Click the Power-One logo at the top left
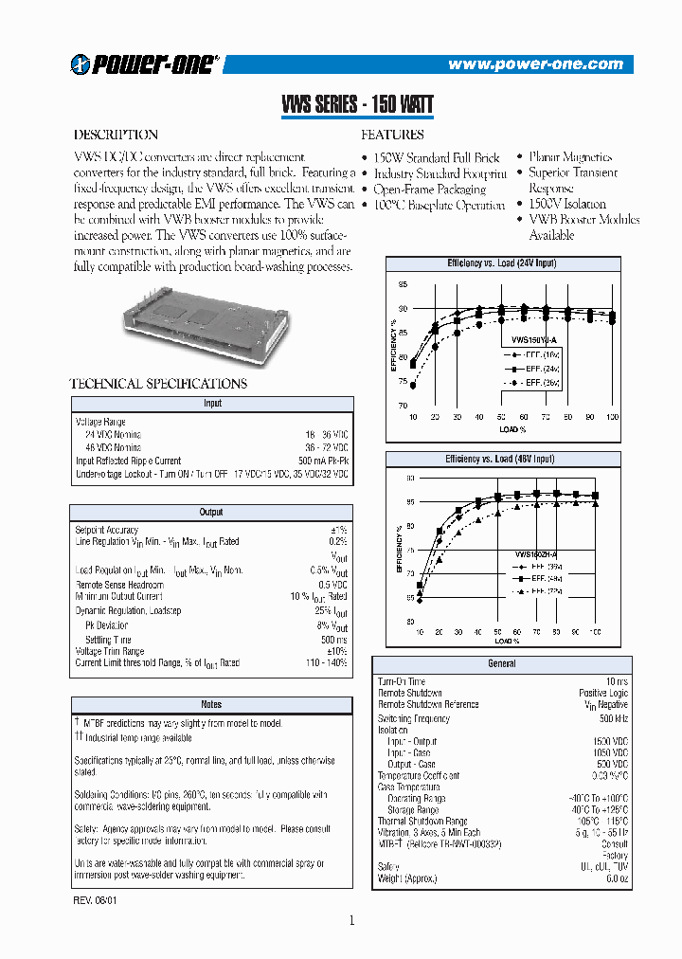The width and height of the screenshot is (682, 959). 145,63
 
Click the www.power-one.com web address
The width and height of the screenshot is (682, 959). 535,64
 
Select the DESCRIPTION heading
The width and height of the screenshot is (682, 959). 116,135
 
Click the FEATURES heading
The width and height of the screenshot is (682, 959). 392,135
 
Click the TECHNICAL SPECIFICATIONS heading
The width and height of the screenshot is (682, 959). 158,384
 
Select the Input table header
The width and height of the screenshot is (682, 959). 212,404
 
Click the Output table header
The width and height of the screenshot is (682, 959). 211,513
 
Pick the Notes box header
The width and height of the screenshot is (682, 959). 211,704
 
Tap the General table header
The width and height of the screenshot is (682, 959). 501,664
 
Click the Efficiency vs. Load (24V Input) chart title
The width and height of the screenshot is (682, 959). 501,262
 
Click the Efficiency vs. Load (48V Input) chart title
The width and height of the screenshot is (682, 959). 501,460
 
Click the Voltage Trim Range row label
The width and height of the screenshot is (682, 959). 110,652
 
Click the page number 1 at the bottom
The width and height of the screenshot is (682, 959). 351,920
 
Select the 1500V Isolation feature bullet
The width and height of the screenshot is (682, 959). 566,204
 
